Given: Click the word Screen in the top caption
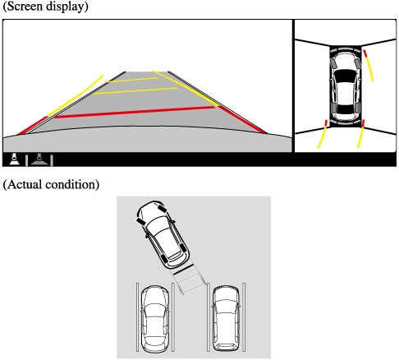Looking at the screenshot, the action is [x=25, y=6].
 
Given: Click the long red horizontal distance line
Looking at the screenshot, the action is [x=135, y=113].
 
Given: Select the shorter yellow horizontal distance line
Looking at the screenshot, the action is [x=131, y=80].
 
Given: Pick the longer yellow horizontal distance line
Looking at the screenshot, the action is [x=135, y=91].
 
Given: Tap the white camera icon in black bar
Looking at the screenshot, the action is [x=14, y=159].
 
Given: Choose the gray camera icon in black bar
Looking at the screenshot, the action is [x=39, y=159].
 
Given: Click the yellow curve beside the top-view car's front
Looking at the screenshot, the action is [x=369, y=65].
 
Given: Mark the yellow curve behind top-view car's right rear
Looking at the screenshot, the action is [x=361, y=134].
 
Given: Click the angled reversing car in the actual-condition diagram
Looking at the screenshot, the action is [x=163, y=234].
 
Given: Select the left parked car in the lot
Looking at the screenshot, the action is [x=155, y=319].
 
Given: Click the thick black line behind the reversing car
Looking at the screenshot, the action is [x=183, y=269].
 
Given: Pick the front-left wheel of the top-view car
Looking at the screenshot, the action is [x=333, y=63].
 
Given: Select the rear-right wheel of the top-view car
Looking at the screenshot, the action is [x=357, y=108].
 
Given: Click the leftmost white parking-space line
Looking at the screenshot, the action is [x=137, y=317].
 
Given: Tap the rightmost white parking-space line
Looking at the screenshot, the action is [x=244, y=317].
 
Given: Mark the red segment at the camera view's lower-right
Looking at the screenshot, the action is [x=242, y=119].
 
